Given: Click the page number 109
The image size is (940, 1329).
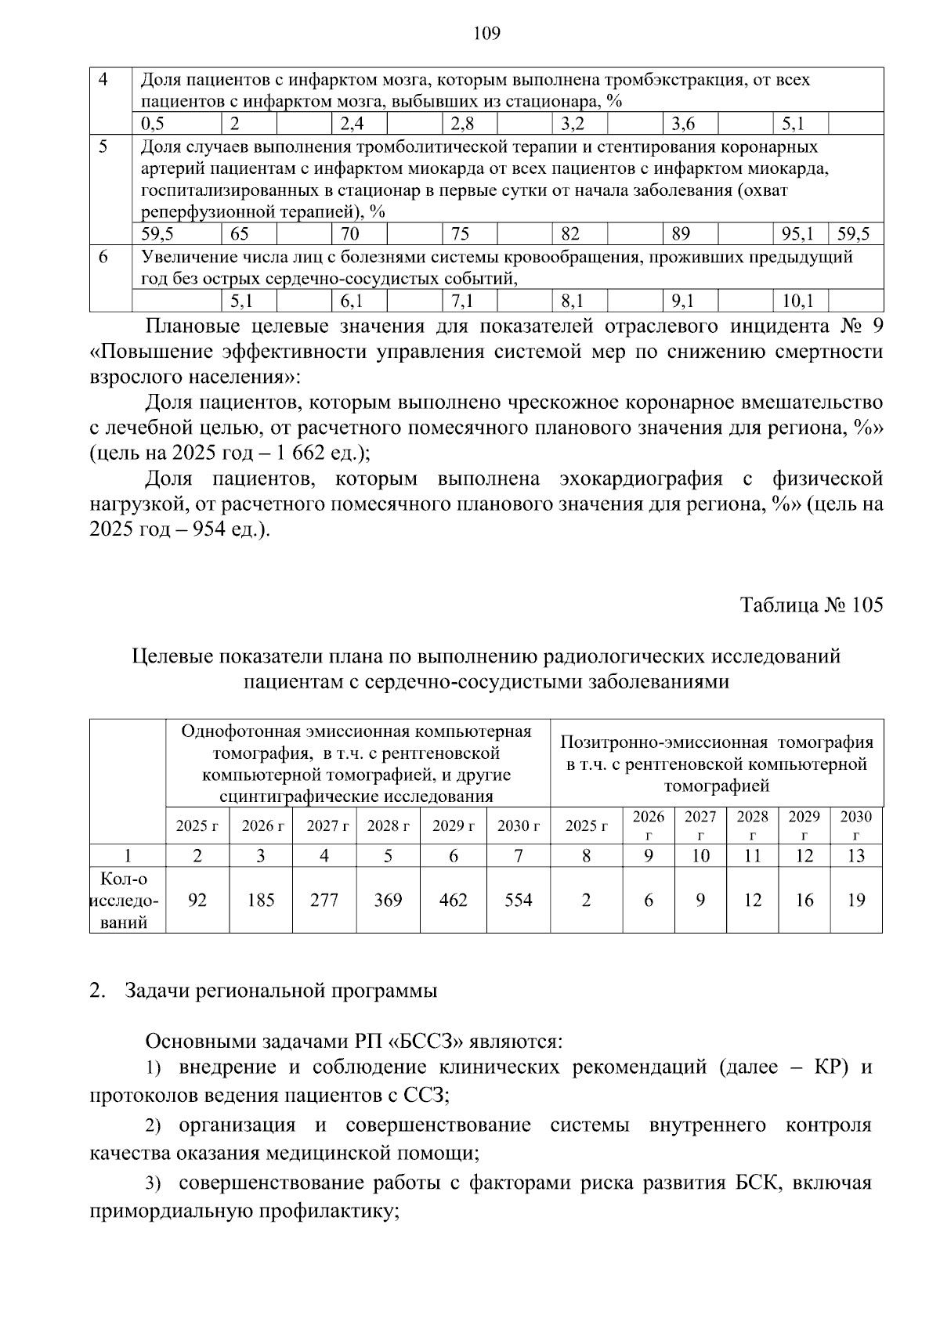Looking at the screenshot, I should click(x=486, y=33).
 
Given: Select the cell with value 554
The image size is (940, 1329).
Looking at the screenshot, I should click(x=518, y=900).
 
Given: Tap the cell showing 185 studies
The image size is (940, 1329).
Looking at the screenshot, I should click(x=261, y=900).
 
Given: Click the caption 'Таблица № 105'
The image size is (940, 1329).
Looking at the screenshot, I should click(x=811, y=605).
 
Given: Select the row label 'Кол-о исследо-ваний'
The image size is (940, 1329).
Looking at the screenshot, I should click(x=128, y=900).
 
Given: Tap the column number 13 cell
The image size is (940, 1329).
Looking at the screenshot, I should click(x=856, y=856).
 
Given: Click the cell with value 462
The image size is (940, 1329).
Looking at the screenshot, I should click(x=454, y=900).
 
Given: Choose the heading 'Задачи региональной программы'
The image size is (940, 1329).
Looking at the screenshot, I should click(x=280, y=991).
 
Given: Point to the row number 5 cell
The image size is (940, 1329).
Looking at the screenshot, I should click(x=103, y=146).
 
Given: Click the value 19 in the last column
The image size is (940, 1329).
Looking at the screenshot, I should click(x=856, y=900).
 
